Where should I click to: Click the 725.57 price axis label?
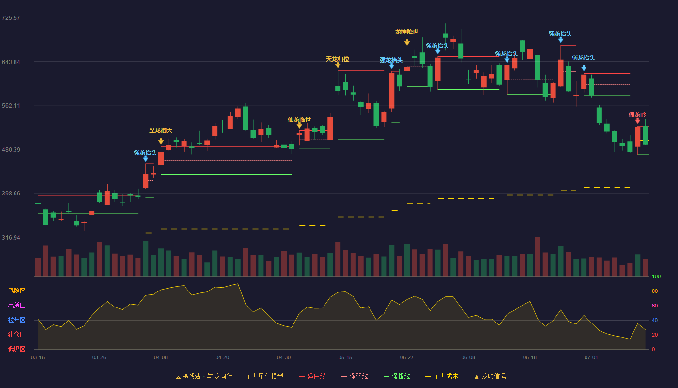[11, 18]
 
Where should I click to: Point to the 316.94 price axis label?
[11, 237]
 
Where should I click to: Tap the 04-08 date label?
[161, 358]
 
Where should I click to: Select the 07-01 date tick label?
[591, 358]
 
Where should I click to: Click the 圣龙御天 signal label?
[161, 130]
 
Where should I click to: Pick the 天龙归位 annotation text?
[338, 59]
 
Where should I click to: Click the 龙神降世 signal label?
[407, 32]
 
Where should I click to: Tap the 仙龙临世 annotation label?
[299, 120]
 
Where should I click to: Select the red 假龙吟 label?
[637, 115]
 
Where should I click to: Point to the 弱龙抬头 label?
[584, 58]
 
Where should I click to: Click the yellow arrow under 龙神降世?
[407, 42]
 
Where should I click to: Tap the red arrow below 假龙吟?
[638, 121]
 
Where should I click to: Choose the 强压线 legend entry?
[312, 376]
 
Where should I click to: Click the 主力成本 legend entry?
[442, 376]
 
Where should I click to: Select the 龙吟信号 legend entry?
[490, 376]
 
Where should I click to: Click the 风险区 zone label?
[16, 291]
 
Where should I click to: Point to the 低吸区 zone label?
[16, 349]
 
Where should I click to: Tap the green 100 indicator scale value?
[656, 276]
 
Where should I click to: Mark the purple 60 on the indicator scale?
[655, 306]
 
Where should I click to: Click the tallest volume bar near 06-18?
[538, 257]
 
